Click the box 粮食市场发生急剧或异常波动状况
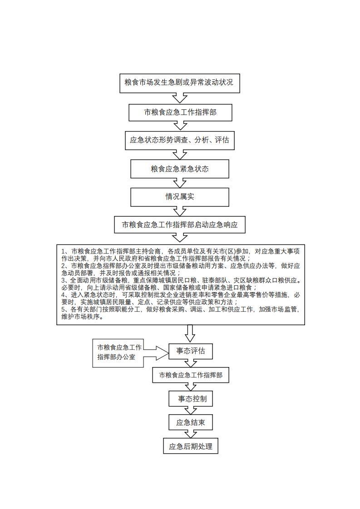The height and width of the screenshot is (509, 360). (179, 83)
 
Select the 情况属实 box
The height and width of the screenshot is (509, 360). (180, 197)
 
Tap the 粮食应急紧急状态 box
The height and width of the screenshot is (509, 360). (180, 169)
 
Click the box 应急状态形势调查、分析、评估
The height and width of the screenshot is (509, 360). (180, 140)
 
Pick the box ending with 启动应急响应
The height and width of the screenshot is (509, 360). (180, 225)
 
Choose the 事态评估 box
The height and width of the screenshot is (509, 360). (190, 351)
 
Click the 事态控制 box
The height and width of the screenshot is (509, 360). (190, 399)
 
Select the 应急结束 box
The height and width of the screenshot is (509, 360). (190, 423)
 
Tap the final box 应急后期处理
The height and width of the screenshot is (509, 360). (190, 446)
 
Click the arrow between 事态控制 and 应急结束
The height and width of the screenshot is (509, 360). (190, 411)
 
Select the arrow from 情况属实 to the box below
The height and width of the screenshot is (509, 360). (180, 211)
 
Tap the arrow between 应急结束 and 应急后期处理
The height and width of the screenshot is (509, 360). (190, 435)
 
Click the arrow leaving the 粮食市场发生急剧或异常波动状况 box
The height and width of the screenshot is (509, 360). (180, 98)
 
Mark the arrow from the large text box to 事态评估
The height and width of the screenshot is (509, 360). (190, 333)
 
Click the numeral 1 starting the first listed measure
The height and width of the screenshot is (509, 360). (64, 251)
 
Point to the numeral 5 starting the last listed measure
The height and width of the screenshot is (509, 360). (64, 309)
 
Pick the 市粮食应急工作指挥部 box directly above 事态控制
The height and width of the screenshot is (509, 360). (190, 375)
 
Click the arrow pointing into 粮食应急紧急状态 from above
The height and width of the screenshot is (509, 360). (180, 155)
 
